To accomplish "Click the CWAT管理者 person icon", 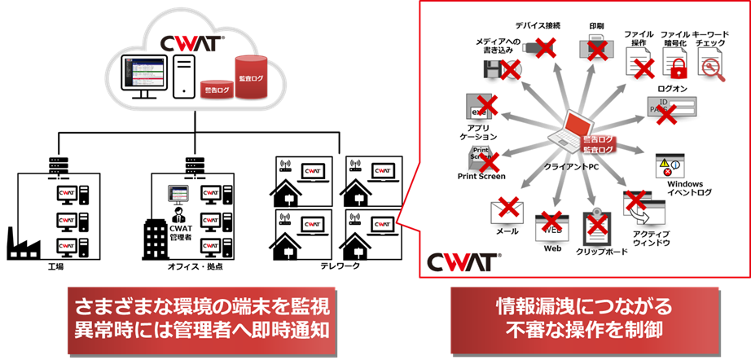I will click(x=178, y=216).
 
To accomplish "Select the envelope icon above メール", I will click(x=507, y=212).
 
